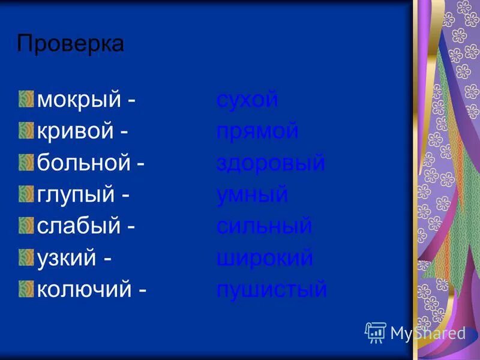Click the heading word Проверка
click(x=70, y=44)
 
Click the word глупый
click(x=76, y=196)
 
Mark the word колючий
click(x=84, y=290)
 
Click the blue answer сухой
click(x=247, y=100)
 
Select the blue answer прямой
click(x=257, y=131)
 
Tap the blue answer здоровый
click(x=271, y=163)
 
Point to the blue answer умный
click(x=252, y=195)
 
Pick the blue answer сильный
click(x=264, y=227)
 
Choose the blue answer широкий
click(x=265, y=259)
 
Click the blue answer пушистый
click(x=271, y=290)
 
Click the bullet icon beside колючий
click(x=26, y=289)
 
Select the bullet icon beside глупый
click(x=26, y=194)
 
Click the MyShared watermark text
click(x=428, y=334)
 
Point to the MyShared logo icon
click(x=375, y=332)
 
